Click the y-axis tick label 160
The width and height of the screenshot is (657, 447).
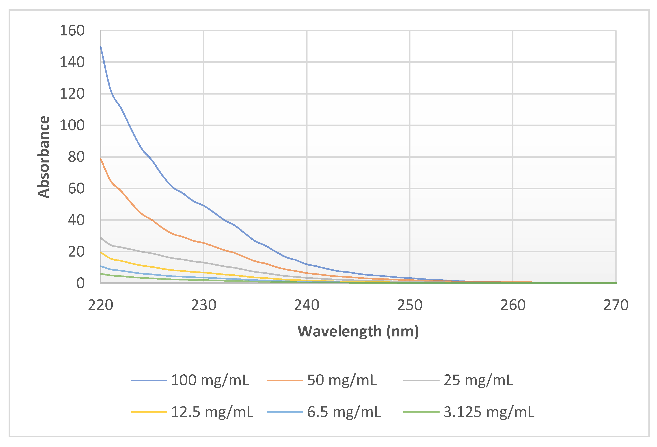[x=72, y=30]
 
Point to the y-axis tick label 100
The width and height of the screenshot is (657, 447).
[x=72, y=125]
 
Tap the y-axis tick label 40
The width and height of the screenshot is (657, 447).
[x=76, y=220]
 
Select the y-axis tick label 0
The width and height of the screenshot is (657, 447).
[x=80, y=283]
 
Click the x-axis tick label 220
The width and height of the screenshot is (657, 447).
[x=100, y=305]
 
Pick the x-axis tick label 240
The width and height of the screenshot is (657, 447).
[x=306, y=305]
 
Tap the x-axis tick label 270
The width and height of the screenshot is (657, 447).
[x=616, y=305]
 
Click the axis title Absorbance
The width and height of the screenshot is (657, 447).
[x=44, y=157]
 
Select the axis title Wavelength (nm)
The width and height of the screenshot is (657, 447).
[x=358, y=331]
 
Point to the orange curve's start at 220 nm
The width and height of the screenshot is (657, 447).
[x=101, y=158]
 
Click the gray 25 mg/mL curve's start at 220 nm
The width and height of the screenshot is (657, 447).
[x=101, y=238]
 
